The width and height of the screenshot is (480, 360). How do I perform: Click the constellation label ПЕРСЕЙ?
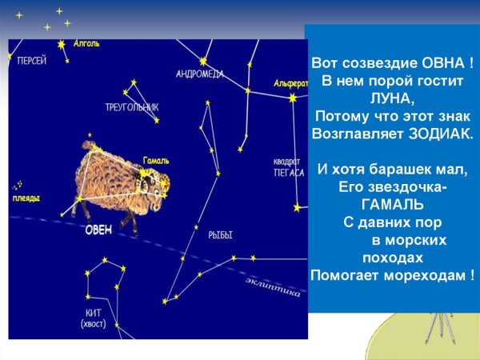[x=31, y=60]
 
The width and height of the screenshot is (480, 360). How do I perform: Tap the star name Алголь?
[x=86, y=43]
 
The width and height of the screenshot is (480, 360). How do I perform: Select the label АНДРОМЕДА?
[x=200, y=74]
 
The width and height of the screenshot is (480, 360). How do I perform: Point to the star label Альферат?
[x=290, y=83]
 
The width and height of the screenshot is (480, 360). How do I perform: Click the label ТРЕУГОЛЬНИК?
[x=132, y=106]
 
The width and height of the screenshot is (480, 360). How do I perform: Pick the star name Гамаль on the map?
[x=156, y=160]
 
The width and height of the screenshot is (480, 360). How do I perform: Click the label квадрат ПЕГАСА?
[x=289, y=166]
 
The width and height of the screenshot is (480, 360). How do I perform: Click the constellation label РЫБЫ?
[x=220, y=235]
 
